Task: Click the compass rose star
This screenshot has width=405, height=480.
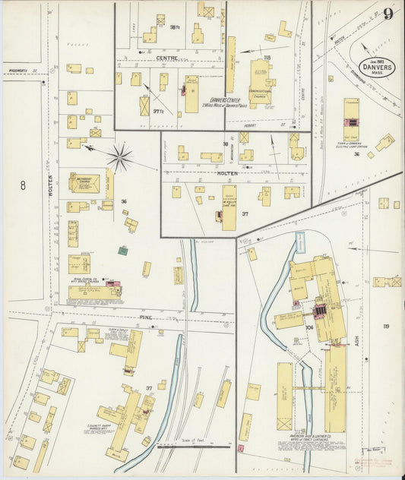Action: [x=119, y=157]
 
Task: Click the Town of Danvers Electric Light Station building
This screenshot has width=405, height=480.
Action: [x=351, y=114]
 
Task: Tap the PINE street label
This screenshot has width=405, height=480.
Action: [x=146, y=317]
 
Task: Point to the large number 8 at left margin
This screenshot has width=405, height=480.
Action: [x=23, y=185]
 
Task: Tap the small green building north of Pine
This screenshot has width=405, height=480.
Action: [x=122, y=250]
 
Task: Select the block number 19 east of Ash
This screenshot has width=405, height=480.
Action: [x=386, y=327]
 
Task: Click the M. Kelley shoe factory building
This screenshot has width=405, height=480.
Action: [x=228, y=207]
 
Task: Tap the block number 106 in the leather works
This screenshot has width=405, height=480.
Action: [x=310, y=328]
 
